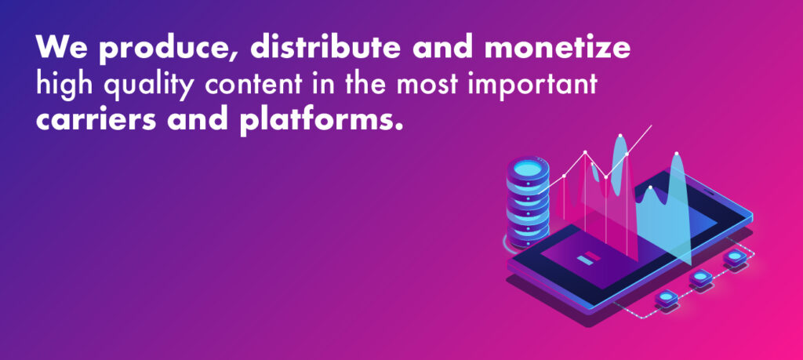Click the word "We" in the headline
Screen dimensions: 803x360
click(60, 47)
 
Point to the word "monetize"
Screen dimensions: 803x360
click(558, 47)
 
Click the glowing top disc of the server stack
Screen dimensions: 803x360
click(528, 168)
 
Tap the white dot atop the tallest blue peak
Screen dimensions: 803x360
click(620, 136)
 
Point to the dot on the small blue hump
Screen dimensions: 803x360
click(650, 187)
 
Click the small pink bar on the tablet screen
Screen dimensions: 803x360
click(592, 254)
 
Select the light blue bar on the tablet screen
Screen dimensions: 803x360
click(584, 260)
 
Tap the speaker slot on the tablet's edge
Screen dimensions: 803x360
click(708, 191)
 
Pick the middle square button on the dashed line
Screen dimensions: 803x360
click(700, 277)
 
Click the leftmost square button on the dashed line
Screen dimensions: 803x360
click(667, 297)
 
